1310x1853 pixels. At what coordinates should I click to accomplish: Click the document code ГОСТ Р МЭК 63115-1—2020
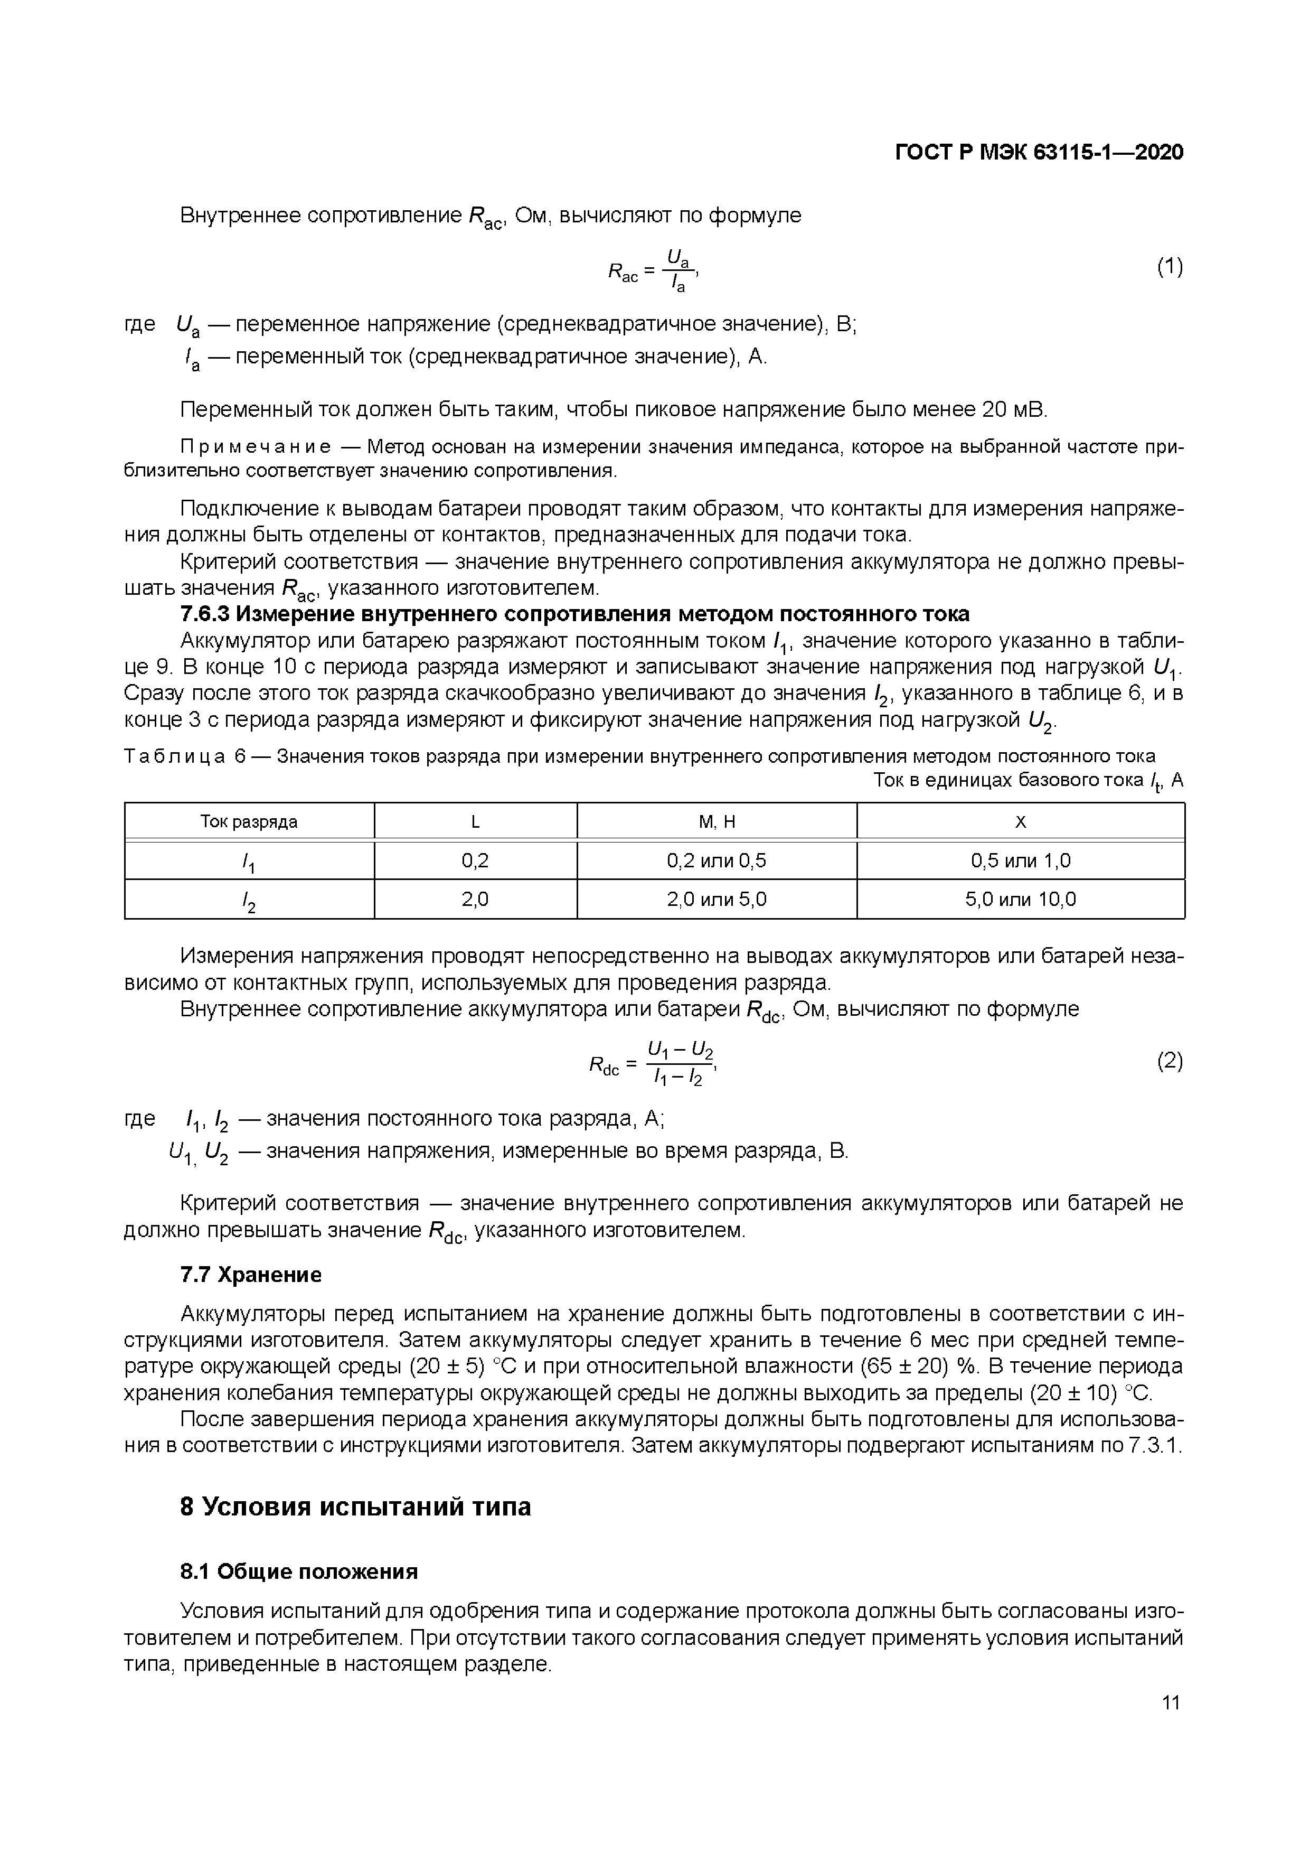coord(1039,152)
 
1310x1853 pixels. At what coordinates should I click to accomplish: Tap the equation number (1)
coord(1170,266)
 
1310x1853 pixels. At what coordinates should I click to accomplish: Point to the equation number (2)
coord(1170,1061)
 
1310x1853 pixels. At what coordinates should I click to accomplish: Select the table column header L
coord(475,821)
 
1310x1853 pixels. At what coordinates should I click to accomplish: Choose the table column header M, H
coord(717,821)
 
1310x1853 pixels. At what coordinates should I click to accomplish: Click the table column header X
coord(1021,821)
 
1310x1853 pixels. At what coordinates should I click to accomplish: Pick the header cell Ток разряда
coord(249,821)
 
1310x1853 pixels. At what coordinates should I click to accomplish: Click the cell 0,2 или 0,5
coord(717,860)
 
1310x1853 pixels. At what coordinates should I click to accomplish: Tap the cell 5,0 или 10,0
coord(1021,899)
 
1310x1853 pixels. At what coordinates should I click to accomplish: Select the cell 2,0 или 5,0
coord(717,899)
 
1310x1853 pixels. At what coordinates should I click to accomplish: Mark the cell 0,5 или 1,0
coord(1021,860)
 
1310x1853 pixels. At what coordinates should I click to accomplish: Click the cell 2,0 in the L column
coord(475,899)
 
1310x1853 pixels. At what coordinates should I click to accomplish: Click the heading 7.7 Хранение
coord(251,1275)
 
